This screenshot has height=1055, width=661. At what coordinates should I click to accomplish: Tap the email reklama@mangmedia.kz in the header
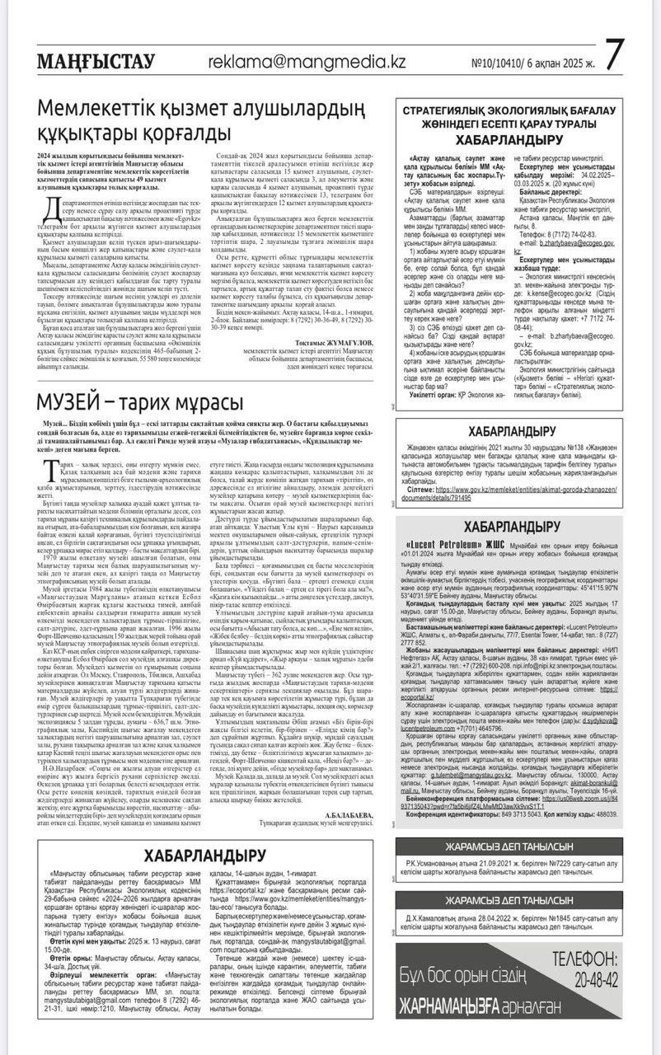(x=306, y=62)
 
